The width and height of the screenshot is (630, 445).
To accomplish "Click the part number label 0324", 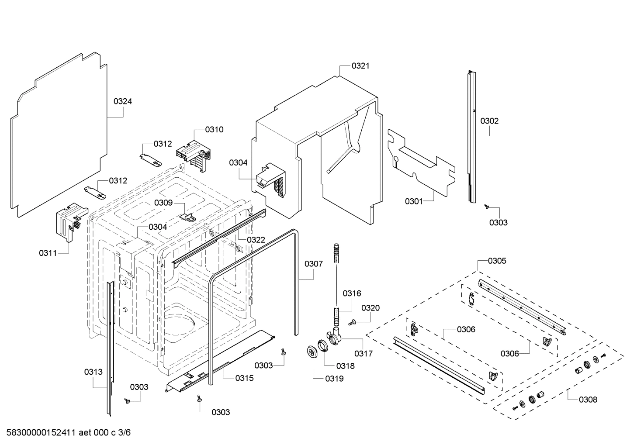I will [x=123, y=101].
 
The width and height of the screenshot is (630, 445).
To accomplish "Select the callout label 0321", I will [x=360, y=66].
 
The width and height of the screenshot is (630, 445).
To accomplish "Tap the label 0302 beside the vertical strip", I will [x=489, y=121].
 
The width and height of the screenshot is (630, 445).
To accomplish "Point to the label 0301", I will [x=414, y=201].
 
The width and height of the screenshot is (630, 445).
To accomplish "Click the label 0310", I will [x=214, y=129].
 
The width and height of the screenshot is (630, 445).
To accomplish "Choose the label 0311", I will [x=48, y=253].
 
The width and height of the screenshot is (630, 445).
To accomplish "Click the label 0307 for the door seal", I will [x=314, y=264].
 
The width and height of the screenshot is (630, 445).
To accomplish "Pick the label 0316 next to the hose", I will [x=352, y=293].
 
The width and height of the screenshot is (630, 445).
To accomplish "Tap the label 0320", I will [x=370, y=308].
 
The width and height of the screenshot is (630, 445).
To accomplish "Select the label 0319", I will [x=334, y=379].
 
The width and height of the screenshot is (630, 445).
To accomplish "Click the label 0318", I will [x=346, y=366].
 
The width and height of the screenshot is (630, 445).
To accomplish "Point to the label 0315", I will [x=244, y=378].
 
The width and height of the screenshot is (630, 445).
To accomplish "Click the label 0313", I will [x=93, y=372].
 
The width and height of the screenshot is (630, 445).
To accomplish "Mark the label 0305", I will [x=497, y=261].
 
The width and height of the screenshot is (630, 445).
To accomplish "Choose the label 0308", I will [x=588, y=399].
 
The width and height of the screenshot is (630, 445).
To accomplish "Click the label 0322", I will [x=256, y=240].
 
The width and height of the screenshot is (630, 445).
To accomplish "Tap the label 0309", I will [x=163, y=203].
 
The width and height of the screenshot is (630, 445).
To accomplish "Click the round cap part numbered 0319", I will [x=312, y=352].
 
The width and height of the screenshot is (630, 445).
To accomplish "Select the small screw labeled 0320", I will [x=352, y=322].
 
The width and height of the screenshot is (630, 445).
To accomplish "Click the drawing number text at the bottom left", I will [x=68, y=433].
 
